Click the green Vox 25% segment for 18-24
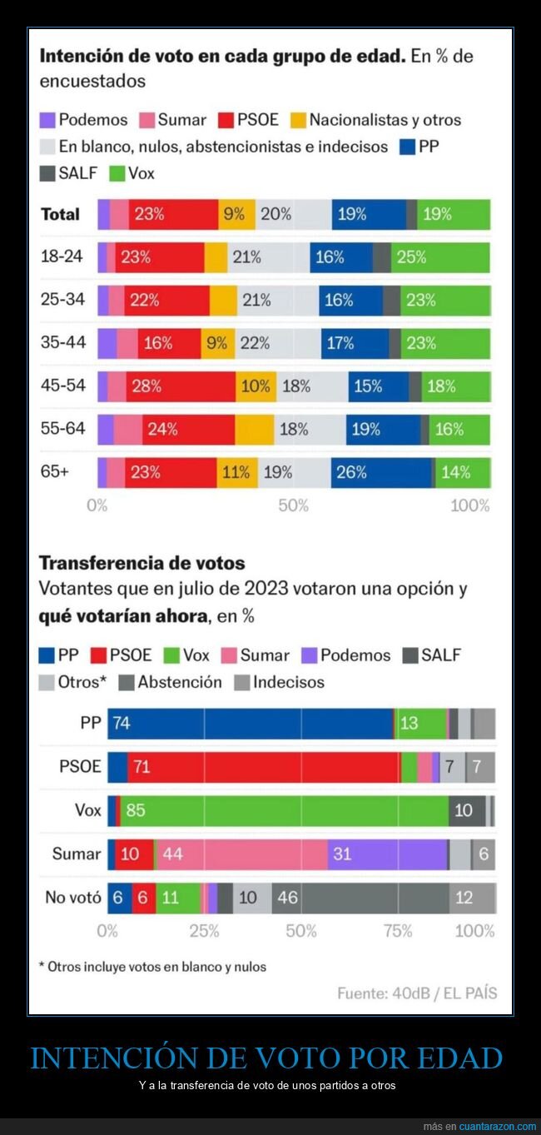coord(440,257)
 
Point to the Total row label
coord(61,214)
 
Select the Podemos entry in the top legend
coord(84,120)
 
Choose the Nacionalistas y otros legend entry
coord(375,120)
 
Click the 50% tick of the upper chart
coord(293,505)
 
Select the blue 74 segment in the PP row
coord(250,724)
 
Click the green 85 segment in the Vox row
coord(284,810)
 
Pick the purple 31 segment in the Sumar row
coord(387,854)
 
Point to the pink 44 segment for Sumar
coord(241,854)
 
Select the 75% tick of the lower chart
coord(398,931)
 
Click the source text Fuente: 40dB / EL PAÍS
coord(417,993)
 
